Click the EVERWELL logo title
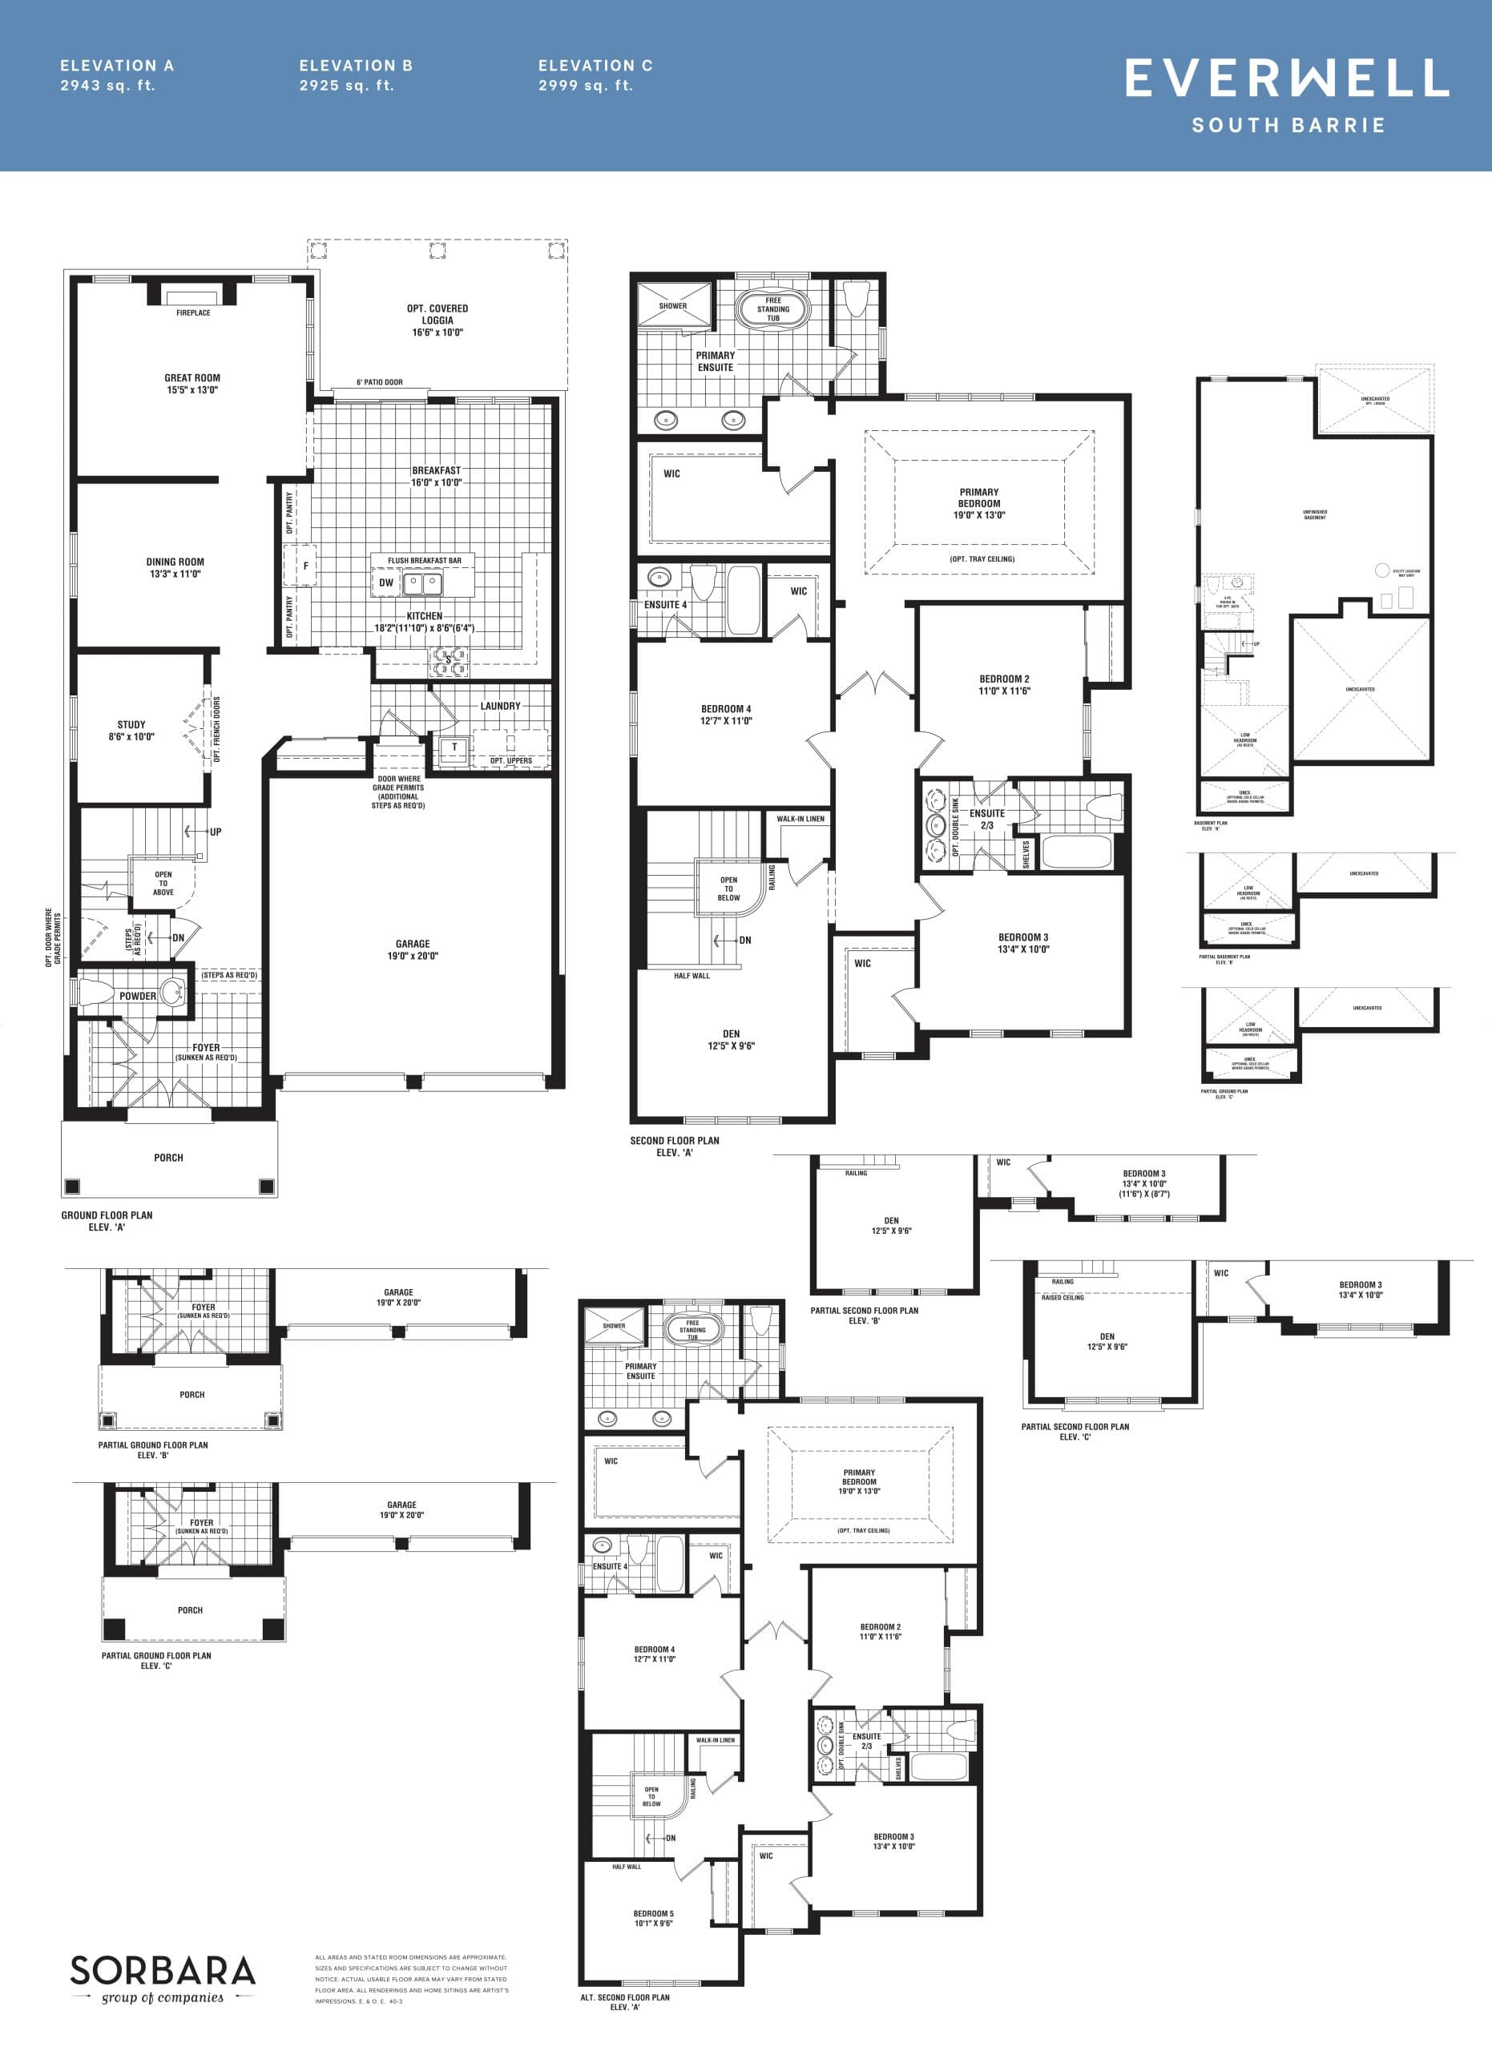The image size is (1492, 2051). [x=1287, y=78]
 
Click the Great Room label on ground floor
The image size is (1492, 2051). [x=192, y=384]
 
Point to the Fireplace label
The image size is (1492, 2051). [x=192, y=313]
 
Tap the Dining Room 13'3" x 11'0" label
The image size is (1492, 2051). [x=175, y=567]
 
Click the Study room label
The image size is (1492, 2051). [x=131, y=730]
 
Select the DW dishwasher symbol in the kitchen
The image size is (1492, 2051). [x=386, y=582]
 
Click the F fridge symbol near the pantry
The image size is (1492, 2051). [x=305, y=566]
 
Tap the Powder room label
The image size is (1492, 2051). [x=138, y=996]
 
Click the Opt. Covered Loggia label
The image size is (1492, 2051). [x=438, y=320]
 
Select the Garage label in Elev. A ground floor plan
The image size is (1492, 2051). [x=413, y=949]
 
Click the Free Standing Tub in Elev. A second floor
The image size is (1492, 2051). [x=773, y=309]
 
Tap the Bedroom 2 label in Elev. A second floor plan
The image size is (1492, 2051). [x=1004, y=684]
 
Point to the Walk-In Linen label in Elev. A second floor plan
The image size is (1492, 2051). [x=800, y=819]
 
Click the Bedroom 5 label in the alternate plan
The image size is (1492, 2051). [x=653, y=1918]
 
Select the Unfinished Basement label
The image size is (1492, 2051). [x=1315, y=514]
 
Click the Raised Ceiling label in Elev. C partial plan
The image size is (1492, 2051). [x=1063, y=1297]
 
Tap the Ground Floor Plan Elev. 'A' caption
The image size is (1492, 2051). [x=107, y=1221]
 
